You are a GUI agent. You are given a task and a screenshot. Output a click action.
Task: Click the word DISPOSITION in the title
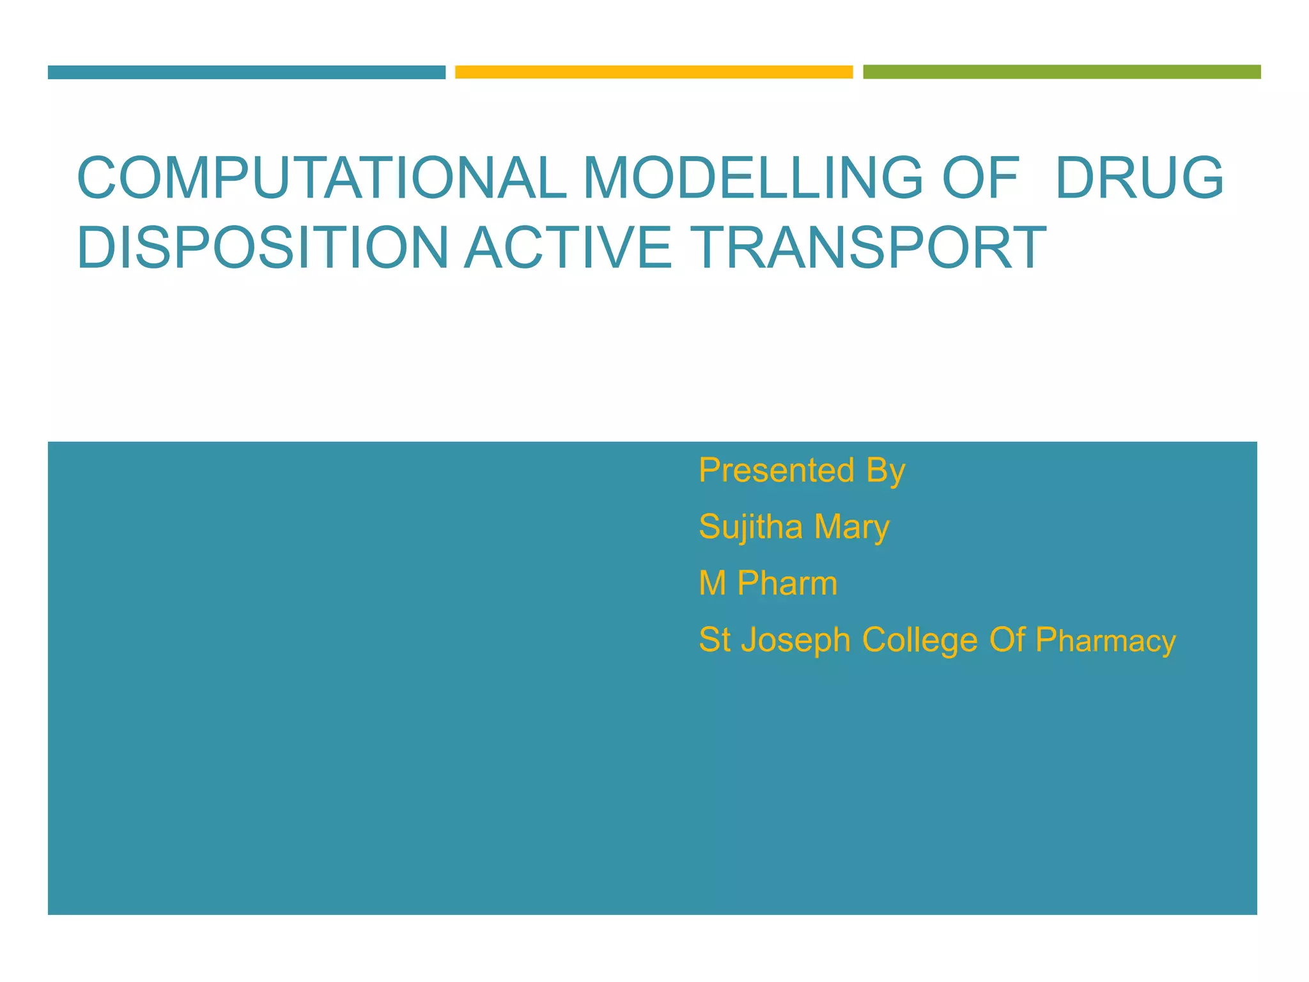(x=263, y=247)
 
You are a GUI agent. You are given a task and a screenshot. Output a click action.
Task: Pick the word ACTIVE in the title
(x=568, y=247)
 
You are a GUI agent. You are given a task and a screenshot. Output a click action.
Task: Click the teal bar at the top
(x=246, y=72)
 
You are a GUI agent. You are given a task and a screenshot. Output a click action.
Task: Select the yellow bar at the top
(x=654, y=72)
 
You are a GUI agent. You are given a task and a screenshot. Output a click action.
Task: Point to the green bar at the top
(x=1062, y=72)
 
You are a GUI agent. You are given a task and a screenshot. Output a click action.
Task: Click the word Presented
(x=777, y=471)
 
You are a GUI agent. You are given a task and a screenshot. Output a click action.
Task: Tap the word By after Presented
(x=886, y=472)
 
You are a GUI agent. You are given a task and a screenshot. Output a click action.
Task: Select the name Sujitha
(x=750, y=527)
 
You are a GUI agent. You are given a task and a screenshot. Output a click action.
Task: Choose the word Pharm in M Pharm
(x=787, y=583)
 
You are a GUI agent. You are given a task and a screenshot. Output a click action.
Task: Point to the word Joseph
(x=796, y=641)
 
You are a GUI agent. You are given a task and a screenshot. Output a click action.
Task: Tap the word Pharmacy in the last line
(x=1105, y=641)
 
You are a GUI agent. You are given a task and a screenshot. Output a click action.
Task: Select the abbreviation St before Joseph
(x=715, y=640)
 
